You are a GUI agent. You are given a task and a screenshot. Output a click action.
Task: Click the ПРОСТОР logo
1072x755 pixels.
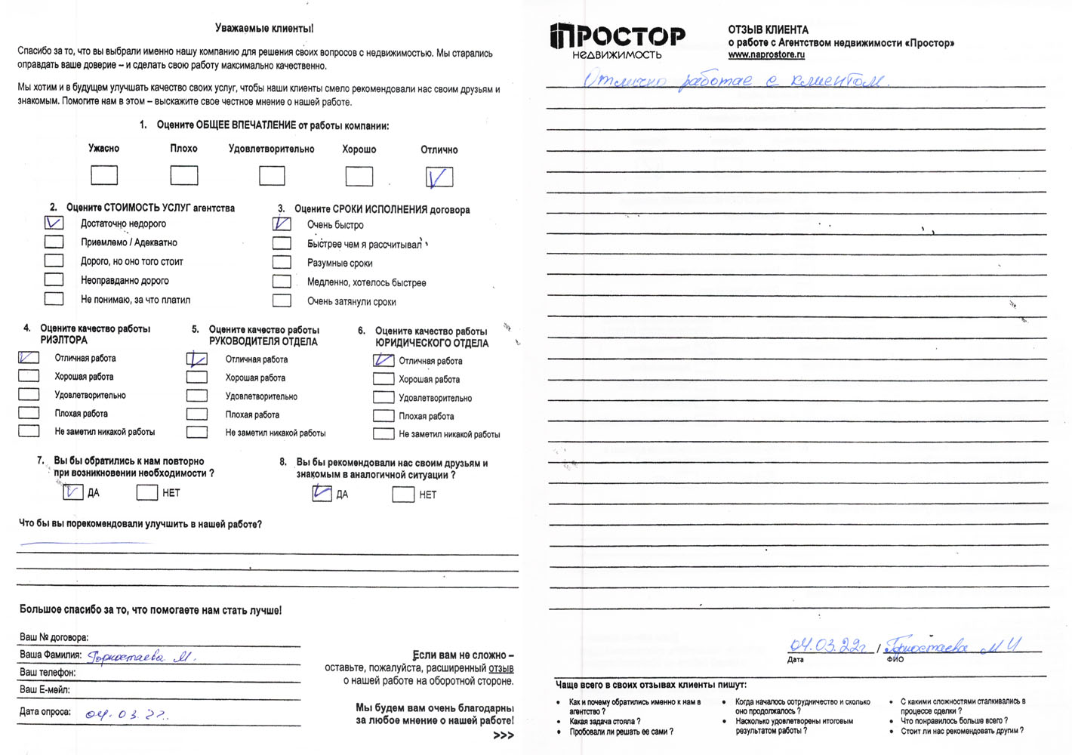[618, 41]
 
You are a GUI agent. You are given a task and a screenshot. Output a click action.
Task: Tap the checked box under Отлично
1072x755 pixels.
[439, 177]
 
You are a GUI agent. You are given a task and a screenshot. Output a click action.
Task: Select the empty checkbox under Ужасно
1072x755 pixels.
[104, 175]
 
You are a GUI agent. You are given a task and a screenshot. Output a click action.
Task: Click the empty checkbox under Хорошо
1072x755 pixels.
[359, 176]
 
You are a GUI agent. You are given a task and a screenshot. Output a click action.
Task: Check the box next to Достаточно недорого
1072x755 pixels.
[54, 223]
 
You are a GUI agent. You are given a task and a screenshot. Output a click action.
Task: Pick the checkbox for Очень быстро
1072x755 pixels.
[282, 223]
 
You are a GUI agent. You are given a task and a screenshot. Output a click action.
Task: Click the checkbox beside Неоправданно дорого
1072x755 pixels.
[54, 279]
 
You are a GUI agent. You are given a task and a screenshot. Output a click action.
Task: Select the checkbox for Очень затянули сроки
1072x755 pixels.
[282, 300]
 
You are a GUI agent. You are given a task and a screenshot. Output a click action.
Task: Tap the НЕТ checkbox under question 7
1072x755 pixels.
[146, 492]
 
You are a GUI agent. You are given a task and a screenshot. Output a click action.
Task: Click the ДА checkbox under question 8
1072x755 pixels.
[322, 494]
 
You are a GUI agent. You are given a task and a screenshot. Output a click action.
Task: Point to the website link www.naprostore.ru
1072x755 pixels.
[766, 55]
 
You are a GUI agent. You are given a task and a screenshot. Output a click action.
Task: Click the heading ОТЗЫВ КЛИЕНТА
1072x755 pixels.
[768, 29]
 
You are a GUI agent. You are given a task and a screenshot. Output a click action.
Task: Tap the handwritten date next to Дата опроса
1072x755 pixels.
[127, 714]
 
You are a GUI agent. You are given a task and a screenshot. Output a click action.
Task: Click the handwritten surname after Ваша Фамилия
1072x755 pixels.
[141, 657]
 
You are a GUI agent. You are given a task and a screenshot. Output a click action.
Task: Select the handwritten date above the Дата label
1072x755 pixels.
[827, 646]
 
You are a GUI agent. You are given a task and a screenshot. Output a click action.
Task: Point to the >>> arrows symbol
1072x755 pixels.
[503, 735]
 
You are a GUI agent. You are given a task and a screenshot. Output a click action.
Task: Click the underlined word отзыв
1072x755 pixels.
[501, 668]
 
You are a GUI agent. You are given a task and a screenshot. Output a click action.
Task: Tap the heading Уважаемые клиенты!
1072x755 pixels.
[264, 29]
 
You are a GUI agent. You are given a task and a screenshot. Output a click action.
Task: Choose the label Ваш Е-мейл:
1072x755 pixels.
[45, 689]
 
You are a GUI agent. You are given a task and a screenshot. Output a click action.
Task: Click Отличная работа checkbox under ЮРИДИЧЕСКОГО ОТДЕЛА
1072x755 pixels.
[384, 360]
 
